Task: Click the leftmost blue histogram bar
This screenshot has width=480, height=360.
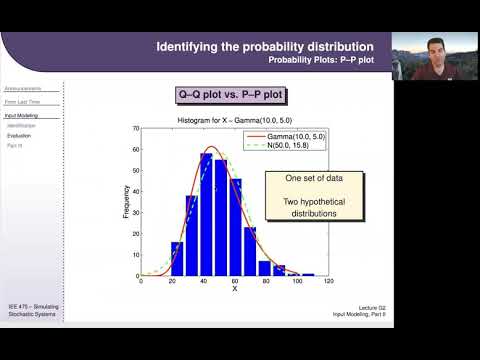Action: [x=177, y=258]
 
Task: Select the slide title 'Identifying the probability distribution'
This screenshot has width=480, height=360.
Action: [x=265, y=47]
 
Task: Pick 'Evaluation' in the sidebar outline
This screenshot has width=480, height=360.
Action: [x=19, y=135]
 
